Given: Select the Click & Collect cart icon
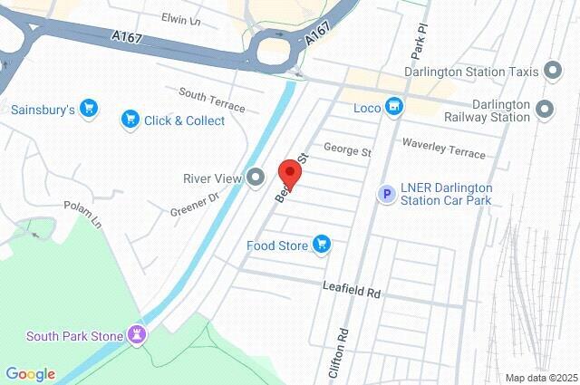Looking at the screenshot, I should [131, 120].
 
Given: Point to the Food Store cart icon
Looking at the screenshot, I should [321, 244].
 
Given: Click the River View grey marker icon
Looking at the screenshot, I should [256, 178].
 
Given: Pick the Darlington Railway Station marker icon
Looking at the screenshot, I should [545, 110].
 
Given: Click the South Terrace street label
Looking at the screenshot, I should [212, 100].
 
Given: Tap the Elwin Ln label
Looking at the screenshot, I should [179, 18].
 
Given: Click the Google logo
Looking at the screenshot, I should [30, 374].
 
